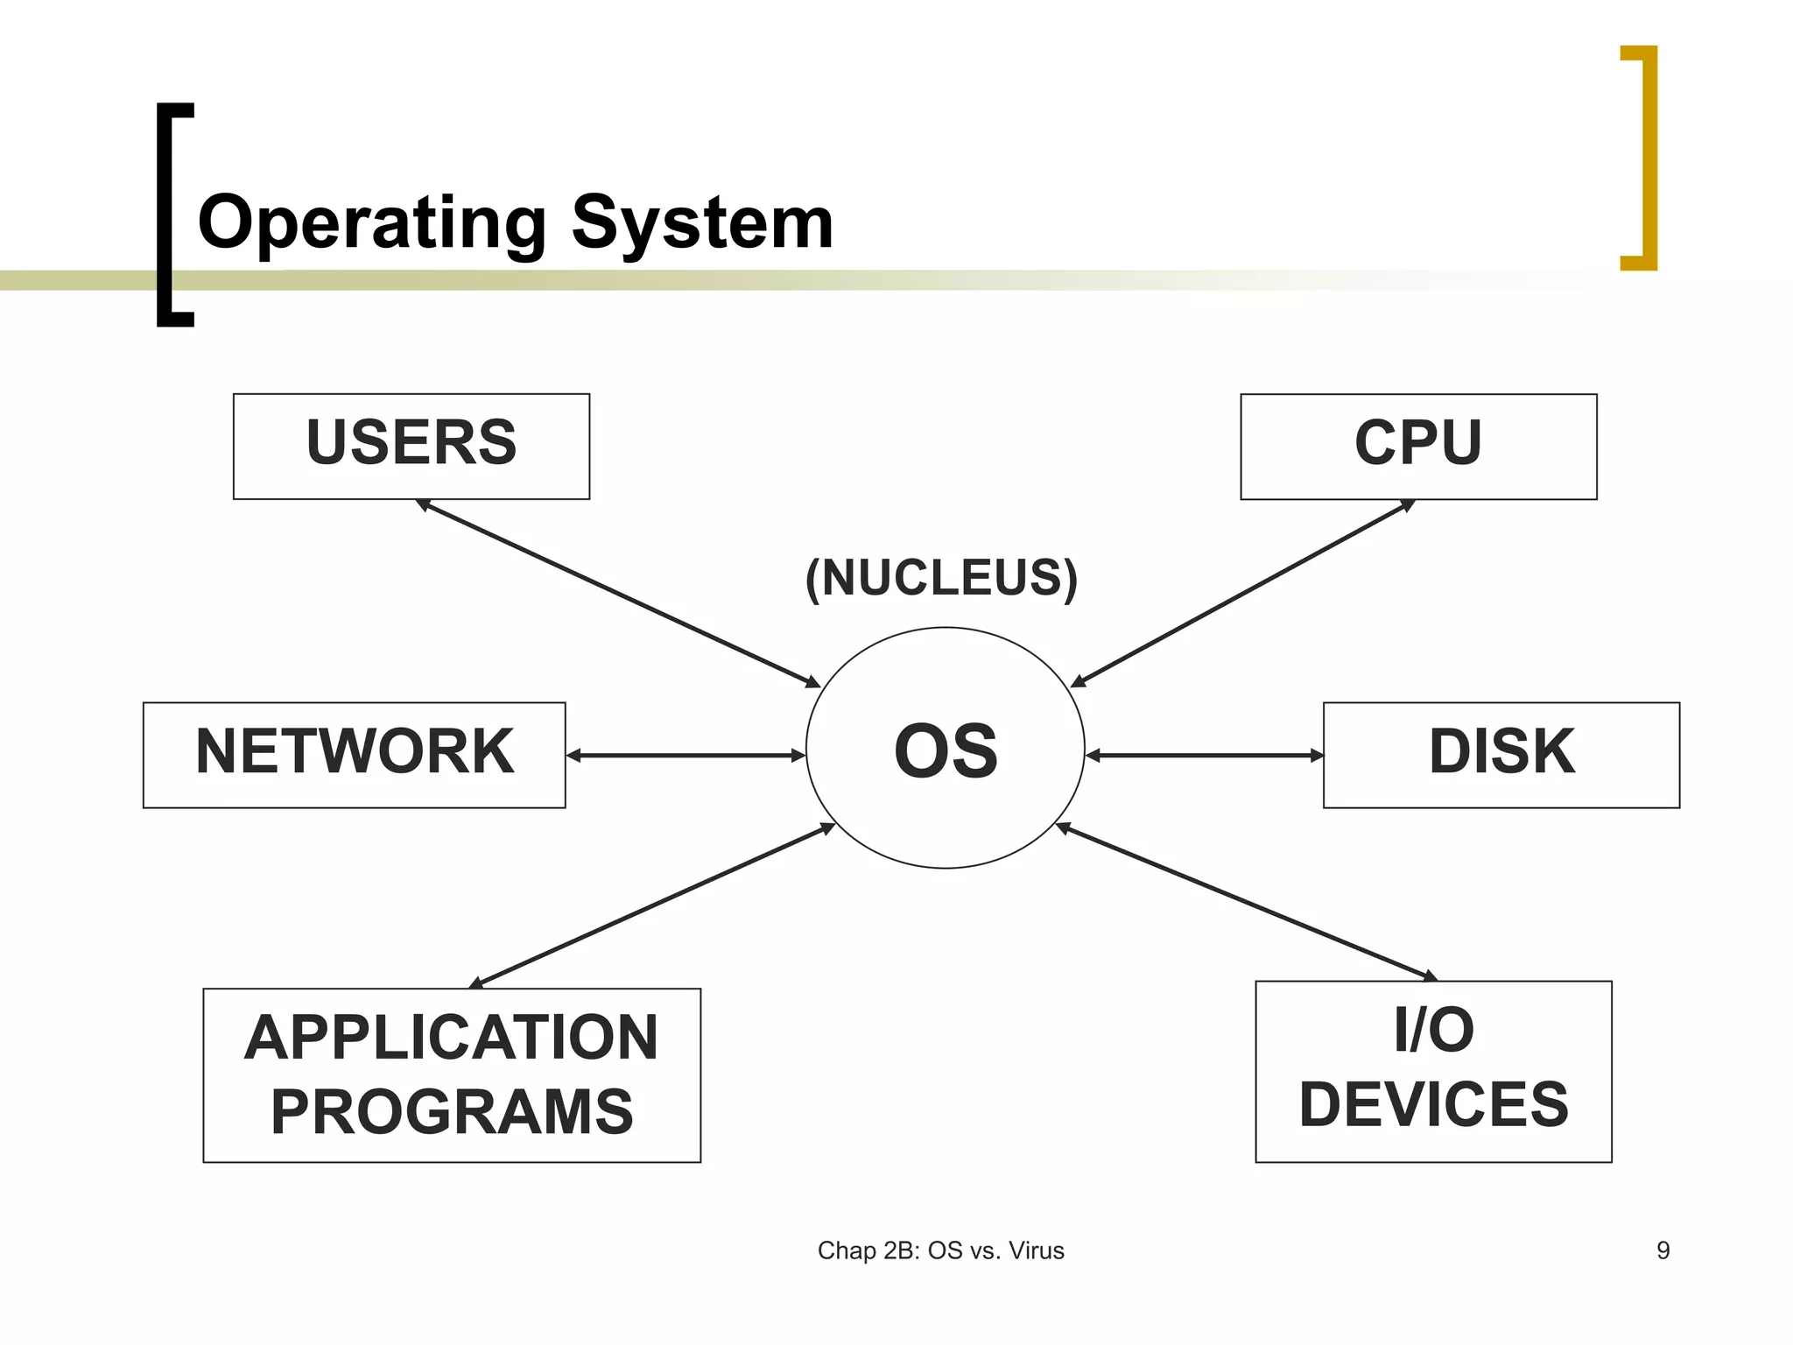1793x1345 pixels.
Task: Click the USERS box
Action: pyautogui.click(x=411, y=446)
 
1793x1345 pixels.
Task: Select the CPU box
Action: pyautogui.click(x=1418, y=446)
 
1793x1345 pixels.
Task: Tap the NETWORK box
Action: pyautogui.click(x=354, y=754)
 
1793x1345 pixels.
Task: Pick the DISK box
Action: pyautogui.click(x=1501, y=754)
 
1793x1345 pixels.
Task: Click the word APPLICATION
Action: pyautogui.click(x=451, y=1038)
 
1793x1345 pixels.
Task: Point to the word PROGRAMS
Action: pyautogui.click(x=451, y=1112)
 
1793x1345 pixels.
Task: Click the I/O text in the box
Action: pyautogui.click(x=1433, y=1031)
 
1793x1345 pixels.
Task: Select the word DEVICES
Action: pyautogui.click(x=1433, y=1105)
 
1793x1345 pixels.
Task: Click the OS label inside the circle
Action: pyautogui.click(x=946, y=751)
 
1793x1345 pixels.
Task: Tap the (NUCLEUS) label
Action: pyautogui.click(x=941, y=578)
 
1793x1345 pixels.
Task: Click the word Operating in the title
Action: pyautogui.click(x=372, y=223)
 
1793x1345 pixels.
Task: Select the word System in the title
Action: pyautogui.click(x=702, y=223)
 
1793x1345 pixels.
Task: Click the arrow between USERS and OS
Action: pyautogui.click(x=617, y=593)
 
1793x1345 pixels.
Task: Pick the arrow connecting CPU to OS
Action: pyautogui.click(x=1243, y=592)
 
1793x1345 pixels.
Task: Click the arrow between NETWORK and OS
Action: pyautogui.click(x=686, y=755)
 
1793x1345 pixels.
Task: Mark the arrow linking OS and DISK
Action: pyautogui.click(x=1205, y=755)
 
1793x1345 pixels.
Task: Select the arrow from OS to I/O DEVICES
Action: pyautogui.click(x=1247, y=902)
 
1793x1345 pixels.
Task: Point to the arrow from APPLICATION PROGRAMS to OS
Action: pyautogui.click(x=652, y=905)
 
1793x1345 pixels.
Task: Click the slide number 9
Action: pyautogui.click(x=1663, y=1250)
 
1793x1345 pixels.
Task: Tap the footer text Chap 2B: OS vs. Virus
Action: pyautogui.click(x=940, y=1250)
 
